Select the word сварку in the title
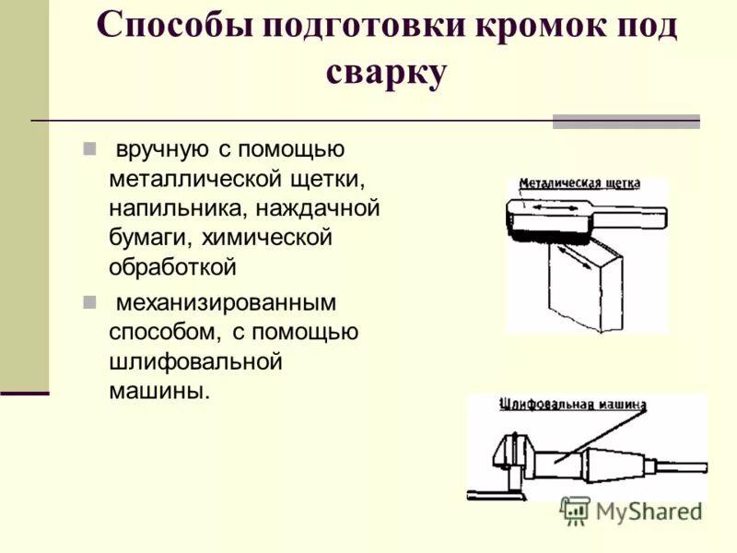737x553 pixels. point(386,73)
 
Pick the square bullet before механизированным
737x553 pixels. point(89,301)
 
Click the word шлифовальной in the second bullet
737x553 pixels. point(194,361)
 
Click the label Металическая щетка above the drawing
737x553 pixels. point(579,183)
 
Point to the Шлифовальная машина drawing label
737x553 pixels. point(572,405)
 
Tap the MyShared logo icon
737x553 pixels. point(576,511)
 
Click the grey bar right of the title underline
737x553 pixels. point(626,121)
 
